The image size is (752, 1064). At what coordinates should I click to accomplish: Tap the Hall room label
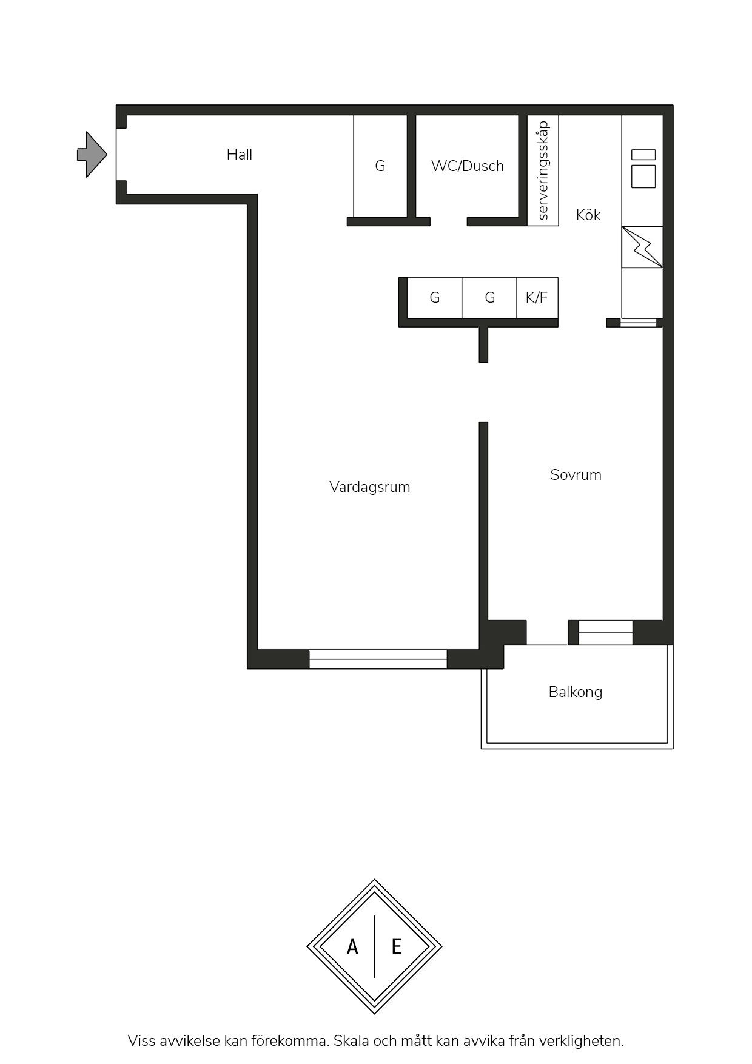tap(240, 155)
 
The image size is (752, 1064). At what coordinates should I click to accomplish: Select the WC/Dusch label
tap(468, 166)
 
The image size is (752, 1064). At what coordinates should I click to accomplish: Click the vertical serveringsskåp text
tap(543, 170)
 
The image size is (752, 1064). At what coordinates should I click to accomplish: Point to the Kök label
tap(588, 215)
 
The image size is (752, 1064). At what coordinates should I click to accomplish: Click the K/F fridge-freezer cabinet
tap(537, 298)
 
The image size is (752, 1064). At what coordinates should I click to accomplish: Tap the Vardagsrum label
tap(370, 487)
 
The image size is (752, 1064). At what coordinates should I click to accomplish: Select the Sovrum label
tap(576, 475)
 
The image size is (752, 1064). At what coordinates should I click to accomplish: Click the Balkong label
tap(576, 692)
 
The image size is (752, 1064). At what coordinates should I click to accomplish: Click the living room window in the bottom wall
tap(378, 659)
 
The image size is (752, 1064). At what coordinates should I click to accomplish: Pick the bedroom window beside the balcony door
tap(606, 633)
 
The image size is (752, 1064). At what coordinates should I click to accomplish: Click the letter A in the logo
tap(352, 947)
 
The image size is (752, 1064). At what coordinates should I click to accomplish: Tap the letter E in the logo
tap(397, 947)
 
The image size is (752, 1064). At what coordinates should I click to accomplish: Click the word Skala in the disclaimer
tap(351, 1041)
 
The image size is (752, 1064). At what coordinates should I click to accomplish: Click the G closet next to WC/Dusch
tap(380, 166)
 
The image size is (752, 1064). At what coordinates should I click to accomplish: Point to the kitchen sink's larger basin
tap(643, 176)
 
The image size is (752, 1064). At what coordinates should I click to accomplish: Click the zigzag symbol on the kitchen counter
tap(642, 247)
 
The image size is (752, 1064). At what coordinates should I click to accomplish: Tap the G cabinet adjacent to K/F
tap(489, 298)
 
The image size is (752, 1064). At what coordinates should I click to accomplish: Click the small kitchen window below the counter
tap(639, 323)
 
